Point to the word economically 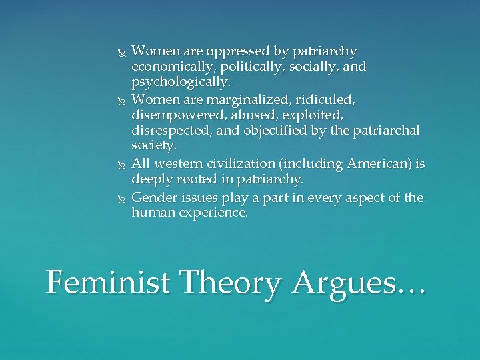coord(169,67)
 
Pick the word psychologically coord(181,83)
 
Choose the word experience coord(214,213)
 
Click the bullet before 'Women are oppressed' coord(119,52)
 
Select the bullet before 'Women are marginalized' coord(119,100)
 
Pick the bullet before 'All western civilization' coord(119,164)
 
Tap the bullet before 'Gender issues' coord(119,198)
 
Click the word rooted coord(189,179)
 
